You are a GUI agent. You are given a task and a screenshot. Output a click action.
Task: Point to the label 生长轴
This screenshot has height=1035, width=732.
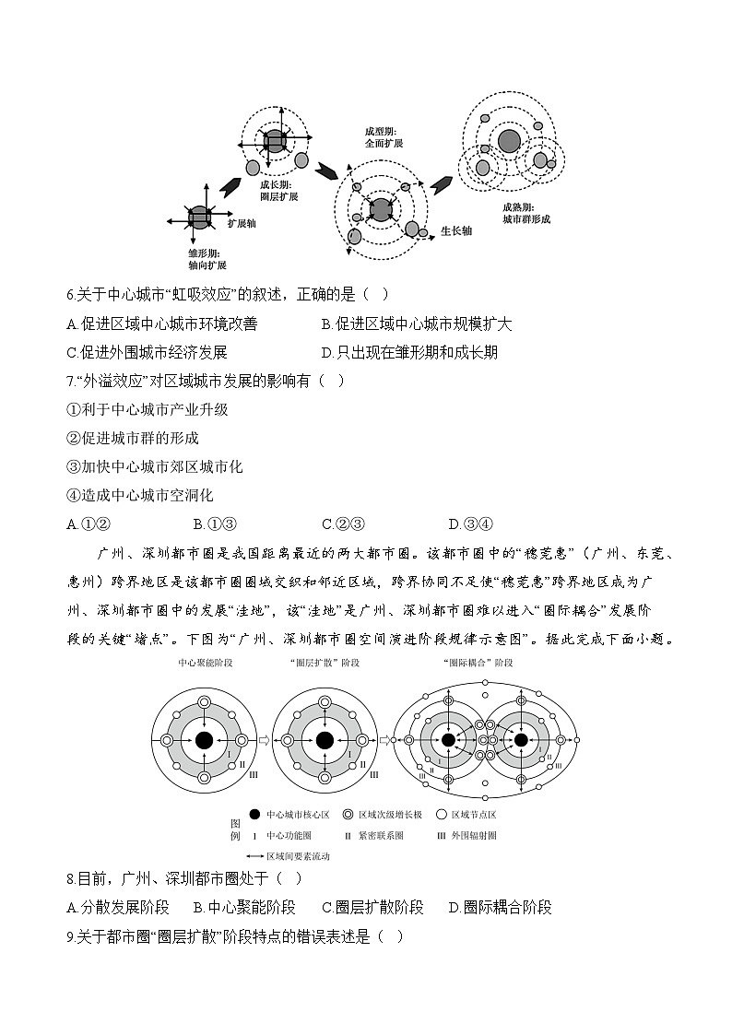[455, 230]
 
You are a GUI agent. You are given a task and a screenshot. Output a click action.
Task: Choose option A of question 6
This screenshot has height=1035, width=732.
[162, 323]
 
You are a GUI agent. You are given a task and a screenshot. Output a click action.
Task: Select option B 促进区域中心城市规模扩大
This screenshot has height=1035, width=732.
[416, 323]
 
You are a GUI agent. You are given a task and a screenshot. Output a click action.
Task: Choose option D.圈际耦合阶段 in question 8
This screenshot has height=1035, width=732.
[500, 907]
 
